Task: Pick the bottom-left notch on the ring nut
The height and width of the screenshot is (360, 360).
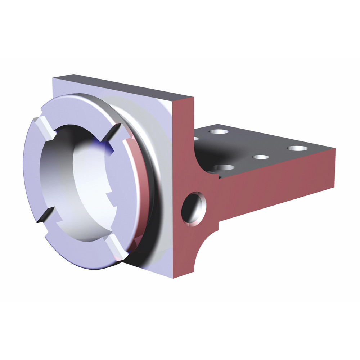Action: click(46, 213)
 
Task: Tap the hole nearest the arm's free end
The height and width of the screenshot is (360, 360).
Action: click(297, 148)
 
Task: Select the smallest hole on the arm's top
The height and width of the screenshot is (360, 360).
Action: click(261, 157)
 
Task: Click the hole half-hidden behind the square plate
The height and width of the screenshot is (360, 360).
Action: click(196, 138)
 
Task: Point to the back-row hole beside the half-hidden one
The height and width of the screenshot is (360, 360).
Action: click(219, 131)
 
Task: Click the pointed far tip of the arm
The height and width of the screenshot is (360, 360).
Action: click(334, 149)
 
